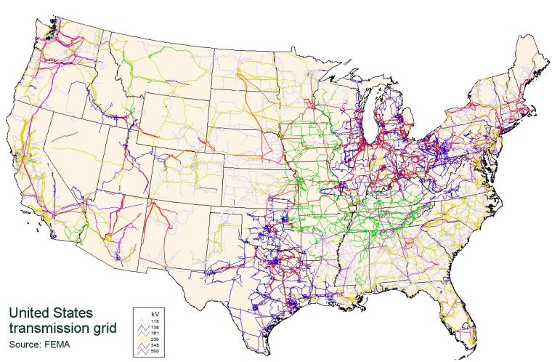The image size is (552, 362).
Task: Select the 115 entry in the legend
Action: pos(154,321)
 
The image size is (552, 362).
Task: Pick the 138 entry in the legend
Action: pos(154,328)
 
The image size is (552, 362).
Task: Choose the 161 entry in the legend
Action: pos(154,334)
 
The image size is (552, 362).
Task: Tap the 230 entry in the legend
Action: pos(154,340)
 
